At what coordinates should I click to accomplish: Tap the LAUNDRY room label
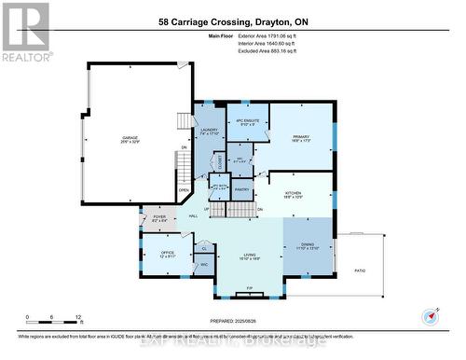pyautogui.click(x=208, y=131)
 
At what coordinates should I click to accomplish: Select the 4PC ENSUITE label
pyautogui.click(x=247, y=122)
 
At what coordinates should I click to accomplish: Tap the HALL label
pyautogui.click(x=193, y=216)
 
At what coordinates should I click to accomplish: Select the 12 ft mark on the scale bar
pyautogui.click(x=80, y=317)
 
